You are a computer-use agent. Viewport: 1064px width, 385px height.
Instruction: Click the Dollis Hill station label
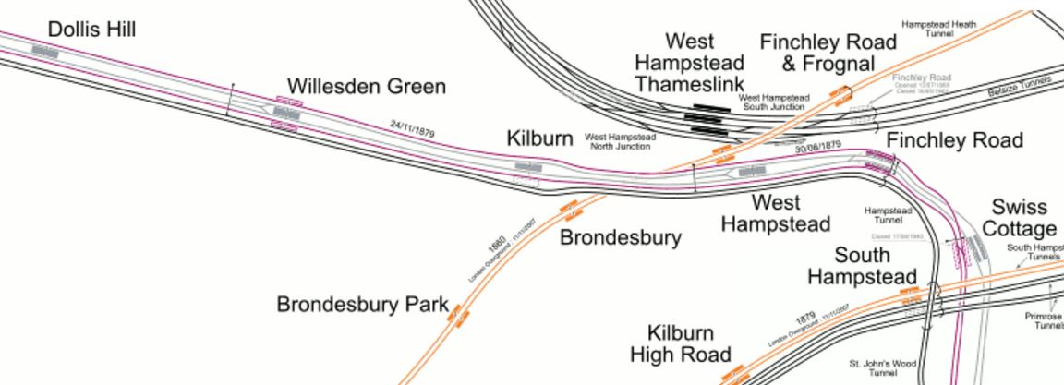91,30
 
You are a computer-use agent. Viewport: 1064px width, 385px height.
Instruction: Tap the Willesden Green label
367,87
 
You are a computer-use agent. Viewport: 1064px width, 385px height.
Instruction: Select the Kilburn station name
540,138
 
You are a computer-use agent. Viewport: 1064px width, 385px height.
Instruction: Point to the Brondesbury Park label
362,305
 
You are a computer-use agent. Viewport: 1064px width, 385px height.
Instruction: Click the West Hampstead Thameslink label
690,63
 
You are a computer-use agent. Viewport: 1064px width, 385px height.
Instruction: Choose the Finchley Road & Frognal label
828,53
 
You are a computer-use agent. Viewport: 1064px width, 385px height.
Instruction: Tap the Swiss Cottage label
1020,217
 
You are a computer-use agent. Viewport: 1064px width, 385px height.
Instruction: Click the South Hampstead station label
863,265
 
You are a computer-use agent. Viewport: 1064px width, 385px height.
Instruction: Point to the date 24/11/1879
412,129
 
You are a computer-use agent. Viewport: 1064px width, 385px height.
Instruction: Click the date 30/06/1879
817,146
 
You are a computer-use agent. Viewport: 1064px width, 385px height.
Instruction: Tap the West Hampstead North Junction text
621,141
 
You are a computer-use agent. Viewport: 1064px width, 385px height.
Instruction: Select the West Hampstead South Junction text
774,102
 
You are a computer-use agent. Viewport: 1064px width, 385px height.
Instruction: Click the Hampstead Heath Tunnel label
938,28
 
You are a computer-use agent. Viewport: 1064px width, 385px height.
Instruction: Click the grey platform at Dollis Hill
45,52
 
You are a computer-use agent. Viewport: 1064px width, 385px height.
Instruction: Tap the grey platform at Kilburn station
527,167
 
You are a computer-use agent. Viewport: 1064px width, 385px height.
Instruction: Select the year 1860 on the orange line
495,247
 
